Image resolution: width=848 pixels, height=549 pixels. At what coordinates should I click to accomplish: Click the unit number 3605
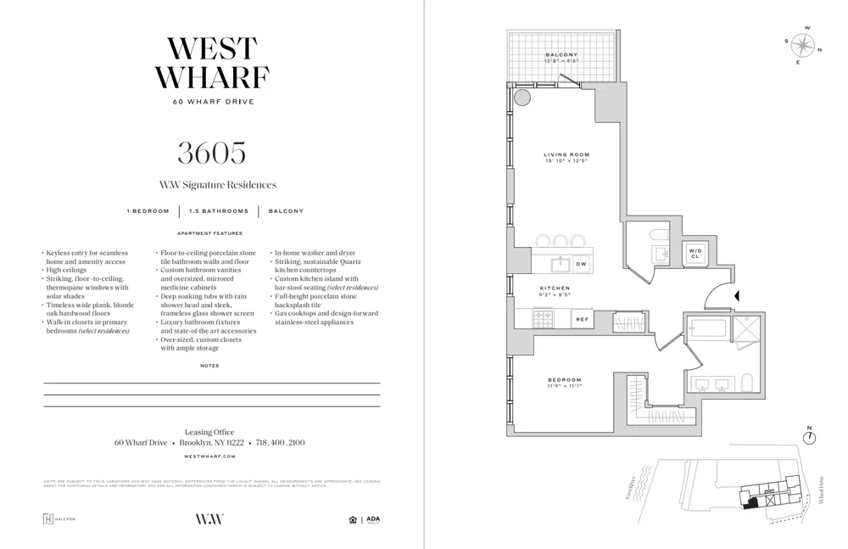211,153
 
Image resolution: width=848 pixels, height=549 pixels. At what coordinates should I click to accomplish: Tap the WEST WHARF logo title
212,63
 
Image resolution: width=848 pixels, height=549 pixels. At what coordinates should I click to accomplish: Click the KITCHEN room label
555,289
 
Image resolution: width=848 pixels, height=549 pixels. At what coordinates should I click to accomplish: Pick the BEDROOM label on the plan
564,379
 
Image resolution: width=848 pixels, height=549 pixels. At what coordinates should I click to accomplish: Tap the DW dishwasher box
581,264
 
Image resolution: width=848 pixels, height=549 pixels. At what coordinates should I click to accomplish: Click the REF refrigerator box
582,319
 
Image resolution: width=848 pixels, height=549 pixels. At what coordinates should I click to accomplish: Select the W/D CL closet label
695,253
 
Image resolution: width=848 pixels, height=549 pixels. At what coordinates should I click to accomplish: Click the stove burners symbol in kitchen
542,319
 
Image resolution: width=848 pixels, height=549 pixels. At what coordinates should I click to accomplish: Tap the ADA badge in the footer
372,519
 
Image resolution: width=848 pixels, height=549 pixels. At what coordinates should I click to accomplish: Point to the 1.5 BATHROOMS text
219,211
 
